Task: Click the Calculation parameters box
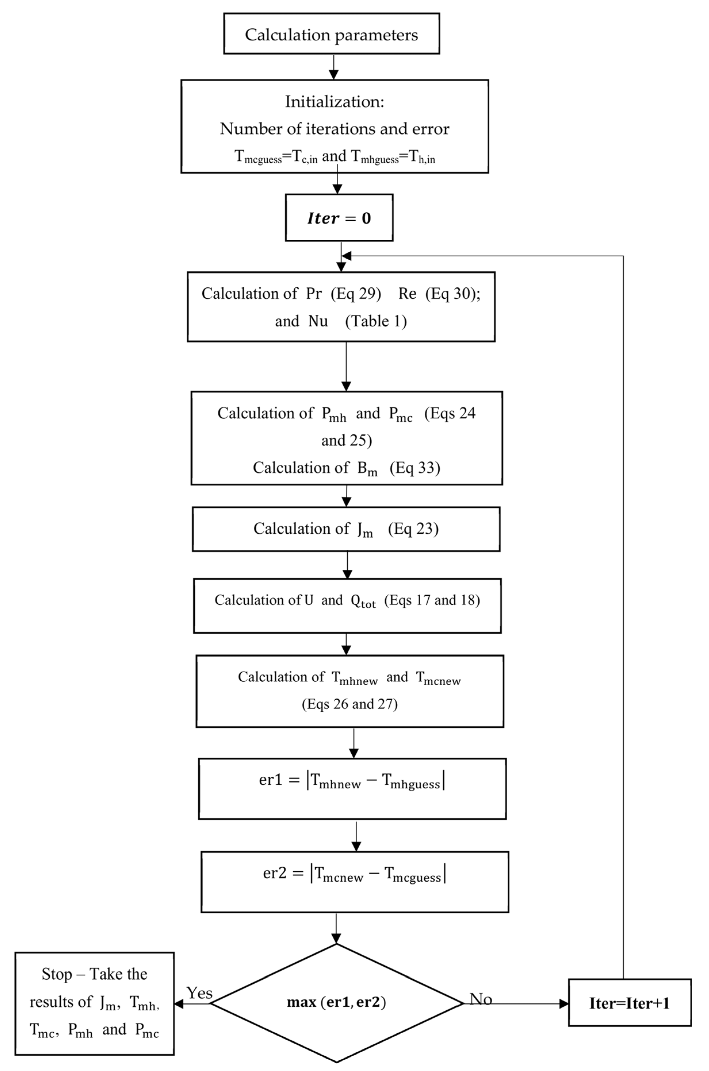pos(331,34)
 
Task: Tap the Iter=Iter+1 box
pos(629,1003)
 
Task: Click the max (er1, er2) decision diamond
pos(336,1002)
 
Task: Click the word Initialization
pos(334,102)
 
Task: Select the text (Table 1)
pos(376,321)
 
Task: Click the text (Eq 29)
pos(356,294)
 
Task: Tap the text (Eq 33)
pos(415,468)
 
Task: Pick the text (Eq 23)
pos(413,529)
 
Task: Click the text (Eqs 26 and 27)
pos(350,704)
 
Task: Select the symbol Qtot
pos(363,601)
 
